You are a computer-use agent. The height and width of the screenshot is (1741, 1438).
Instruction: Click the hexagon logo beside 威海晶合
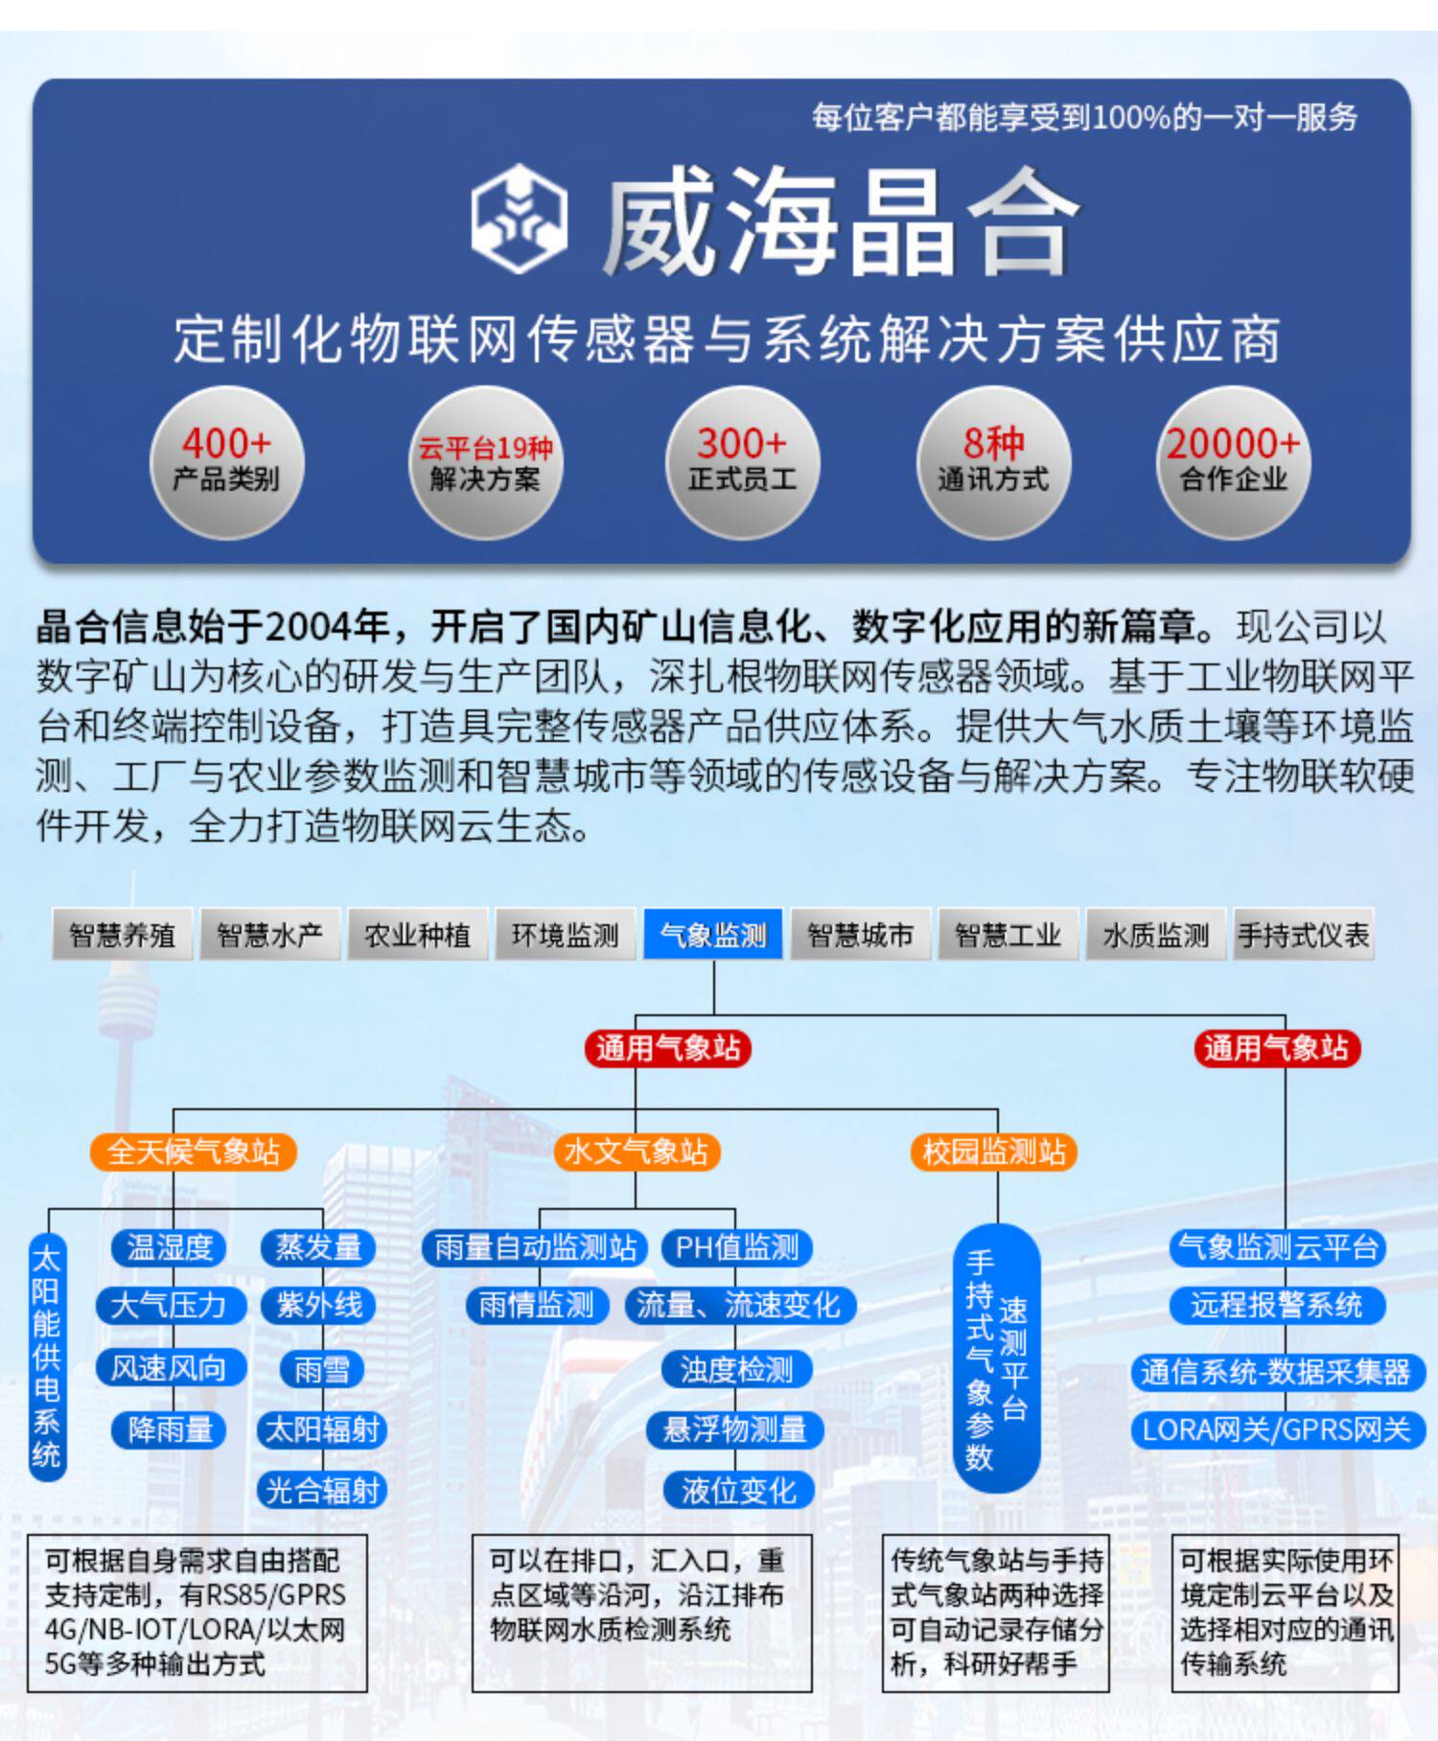click(x=519, y=218)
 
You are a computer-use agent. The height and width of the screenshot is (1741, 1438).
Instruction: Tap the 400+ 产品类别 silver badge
click(x=226, y=462)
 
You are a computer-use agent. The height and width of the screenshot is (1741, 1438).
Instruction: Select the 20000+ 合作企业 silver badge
click(x=1233, y=462)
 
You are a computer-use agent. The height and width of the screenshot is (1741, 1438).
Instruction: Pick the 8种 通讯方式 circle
click(x=993, y=462)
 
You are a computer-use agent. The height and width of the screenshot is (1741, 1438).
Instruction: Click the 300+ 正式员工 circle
click(x=742, y=462)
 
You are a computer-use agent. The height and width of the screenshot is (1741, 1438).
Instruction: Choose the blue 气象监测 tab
click(x=713, y=935)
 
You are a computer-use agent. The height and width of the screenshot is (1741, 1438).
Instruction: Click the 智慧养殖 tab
click(x=123, y=935)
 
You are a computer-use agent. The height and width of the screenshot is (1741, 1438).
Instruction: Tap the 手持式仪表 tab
click(x=1303, y=935)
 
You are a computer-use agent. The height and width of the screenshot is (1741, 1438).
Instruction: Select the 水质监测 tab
click(x=1155, y=935)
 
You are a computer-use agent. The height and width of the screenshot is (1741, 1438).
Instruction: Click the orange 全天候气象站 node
click(x=193, y=1151)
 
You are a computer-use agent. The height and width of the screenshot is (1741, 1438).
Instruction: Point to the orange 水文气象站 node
click(x=636, y=1151)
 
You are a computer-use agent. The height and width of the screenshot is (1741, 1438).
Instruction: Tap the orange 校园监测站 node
click(x=994, y=1151)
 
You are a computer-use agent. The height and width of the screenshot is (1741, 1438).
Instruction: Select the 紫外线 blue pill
click(x=320, y=1306)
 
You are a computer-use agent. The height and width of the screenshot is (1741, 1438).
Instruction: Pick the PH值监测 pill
click(x=736, y=1247)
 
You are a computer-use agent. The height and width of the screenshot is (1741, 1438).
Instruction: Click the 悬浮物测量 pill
click(x=735, y=1429)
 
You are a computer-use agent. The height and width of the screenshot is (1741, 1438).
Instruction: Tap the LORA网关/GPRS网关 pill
click(x=1276, y=1429)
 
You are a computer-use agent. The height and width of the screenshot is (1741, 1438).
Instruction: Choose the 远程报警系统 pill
click(x=1276, y=1306)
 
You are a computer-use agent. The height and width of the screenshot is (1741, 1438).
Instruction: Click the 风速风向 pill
click(x=169, y=1368)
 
